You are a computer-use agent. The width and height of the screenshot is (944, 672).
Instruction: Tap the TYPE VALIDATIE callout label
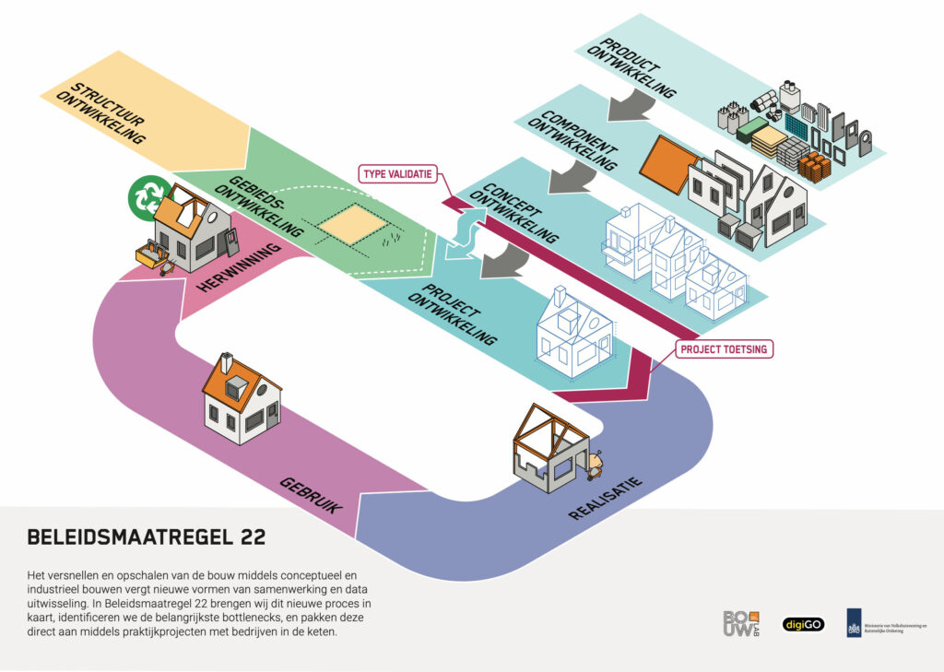(x=397, y=173)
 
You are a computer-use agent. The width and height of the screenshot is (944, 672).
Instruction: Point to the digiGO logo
(x=803, y=624)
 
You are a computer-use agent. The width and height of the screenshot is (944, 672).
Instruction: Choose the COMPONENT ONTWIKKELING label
(x=580, y=141)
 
